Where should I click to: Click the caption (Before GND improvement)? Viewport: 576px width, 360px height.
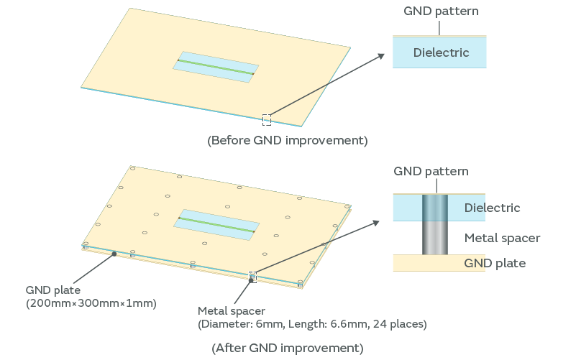pyautogui.click(x=288, y=140)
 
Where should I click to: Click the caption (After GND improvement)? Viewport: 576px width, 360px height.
pyautogui.click(x=288, y=348)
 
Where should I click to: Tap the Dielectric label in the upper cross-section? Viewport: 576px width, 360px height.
pyautogui.click(x=441, y=52)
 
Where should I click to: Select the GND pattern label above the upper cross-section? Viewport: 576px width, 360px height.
pyautogui.click(x=441, y=11)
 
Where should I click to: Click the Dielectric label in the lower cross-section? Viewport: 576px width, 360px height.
pyautogui.click(x=492, y=208)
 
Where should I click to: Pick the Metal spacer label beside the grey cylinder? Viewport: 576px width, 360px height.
pyautogui.click(x=502, y=238)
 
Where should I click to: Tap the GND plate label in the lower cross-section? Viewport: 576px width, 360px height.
pyautogui.click(x=495, y=263)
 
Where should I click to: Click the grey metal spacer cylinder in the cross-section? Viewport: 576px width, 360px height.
pyautogui.click(x=435, y=236)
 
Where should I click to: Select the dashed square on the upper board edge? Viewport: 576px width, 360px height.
pyautogui.click(x=267, y=119)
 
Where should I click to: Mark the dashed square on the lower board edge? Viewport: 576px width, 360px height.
pyautogui.click(x=252, y=277)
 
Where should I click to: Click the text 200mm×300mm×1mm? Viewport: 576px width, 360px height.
pyautogui.click(x=91, y=303)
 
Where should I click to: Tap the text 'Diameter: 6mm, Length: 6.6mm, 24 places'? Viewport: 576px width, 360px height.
pyautogui.click(x=312, y=324)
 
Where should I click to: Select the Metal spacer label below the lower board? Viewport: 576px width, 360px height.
pyautogui.click(x=231, y=311)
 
